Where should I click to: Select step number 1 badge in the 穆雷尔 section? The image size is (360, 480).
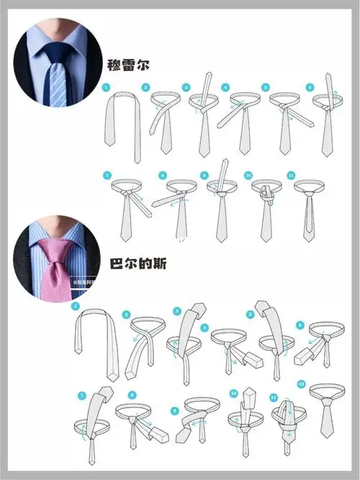click(107, 88)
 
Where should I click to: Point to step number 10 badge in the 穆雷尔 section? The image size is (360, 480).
click(248, 175)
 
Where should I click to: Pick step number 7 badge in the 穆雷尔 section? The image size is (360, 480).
click(107, 175)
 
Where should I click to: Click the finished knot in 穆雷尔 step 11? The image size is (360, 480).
click(309, 193)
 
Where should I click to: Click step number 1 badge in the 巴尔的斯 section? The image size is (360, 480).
click(74, 306)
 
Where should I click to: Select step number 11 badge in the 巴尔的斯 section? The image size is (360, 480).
click(274, 396)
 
